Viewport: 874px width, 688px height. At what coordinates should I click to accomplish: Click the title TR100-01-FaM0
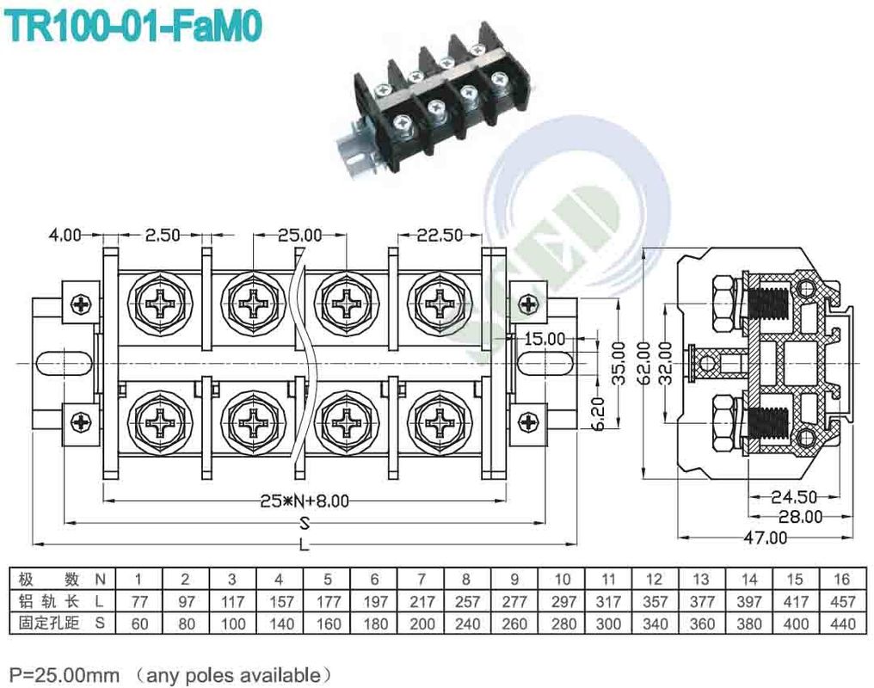point(133,26)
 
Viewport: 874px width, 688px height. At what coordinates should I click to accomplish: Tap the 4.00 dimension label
point(65,235)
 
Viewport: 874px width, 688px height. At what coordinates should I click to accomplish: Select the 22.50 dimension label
point(439,235)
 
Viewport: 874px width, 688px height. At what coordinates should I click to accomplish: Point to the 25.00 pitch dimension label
point(299,235)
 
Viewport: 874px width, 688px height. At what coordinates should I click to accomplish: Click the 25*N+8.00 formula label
point(305,501)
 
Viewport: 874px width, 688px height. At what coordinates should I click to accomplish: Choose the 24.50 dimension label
point(792,496)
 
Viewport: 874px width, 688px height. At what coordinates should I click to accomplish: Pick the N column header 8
point(465,580)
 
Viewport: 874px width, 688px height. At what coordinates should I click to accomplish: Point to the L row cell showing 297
point(562,602)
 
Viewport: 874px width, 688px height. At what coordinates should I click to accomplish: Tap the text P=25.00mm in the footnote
point(65,673)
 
